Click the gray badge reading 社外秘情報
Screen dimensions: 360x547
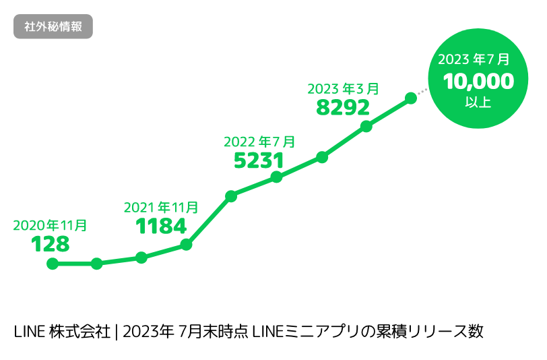pos(53,28)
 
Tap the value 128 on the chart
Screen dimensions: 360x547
pos(51,244)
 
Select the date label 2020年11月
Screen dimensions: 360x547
pos(50,225)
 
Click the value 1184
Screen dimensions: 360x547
pos(161,227)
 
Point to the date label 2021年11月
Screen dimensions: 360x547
pos(161,208)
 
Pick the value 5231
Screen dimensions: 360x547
pos(259,160)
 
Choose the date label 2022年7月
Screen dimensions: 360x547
pos(259,142)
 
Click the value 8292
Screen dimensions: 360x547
pos(343,107)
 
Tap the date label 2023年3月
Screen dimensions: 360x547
pos(343,88)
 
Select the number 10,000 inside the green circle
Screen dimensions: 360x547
pos(478,82)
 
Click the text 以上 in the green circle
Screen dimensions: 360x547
pos(478,102)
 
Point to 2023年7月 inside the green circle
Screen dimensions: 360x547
pos(478,60)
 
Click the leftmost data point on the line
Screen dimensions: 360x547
pos(52,264)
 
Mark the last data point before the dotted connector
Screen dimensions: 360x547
pos(410,98)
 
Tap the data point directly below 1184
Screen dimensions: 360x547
pos(186,245)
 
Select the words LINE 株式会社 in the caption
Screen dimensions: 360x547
pos(61,332)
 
